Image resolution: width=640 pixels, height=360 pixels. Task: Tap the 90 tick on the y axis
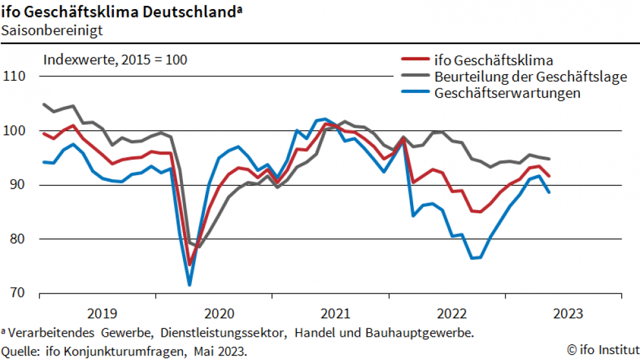tap(18, 185)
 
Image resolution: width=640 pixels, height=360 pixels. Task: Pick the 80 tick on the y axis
tap(18, 239)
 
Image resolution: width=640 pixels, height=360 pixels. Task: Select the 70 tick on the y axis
tap(18, 293)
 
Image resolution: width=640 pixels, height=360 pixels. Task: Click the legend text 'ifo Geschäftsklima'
tap(495, 61)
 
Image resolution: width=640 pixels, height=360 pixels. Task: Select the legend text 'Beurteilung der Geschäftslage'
tap(531, 77)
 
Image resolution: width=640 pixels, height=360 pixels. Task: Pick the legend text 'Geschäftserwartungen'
tap(507, 93)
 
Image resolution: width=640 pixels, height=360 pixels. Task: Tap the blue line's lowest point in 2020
tap(189, 284)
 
